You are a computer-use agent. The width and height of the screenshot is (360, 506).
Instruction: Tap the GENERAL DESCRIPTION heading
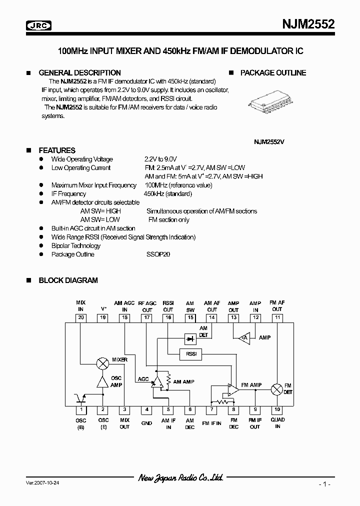(79, 72)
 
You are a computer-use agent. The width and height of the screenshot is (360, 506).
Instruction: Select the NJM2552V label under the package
(269, 141)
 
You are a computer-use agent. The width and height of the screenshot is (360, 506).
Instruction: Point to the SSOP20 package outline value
(158, 254)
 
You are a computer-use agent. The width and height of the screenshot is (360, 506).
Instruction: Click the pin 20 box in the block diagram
(81, 317)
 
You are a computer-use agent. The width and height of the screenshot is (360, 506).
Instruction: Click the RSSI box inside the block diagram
(190, 354)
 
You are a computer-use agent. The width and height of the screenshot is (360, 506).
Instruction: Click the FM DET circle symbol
(277, 389)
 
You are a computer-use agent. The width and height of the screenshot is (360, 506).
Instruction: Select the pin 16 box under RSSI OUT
(168, 317)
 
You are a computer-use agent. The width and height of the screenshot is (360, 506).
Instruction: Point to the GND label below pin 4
(146, 423)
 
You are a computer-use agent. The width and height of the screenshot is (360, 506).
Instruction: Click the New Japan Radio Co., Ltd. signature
(180, 478)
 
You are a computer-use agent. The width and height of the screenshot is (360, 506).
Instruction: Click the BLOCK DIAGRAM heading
(68, 280)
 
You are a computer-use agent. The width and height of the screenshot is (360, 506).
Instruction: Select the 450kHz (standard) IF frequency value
(167, 193)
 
